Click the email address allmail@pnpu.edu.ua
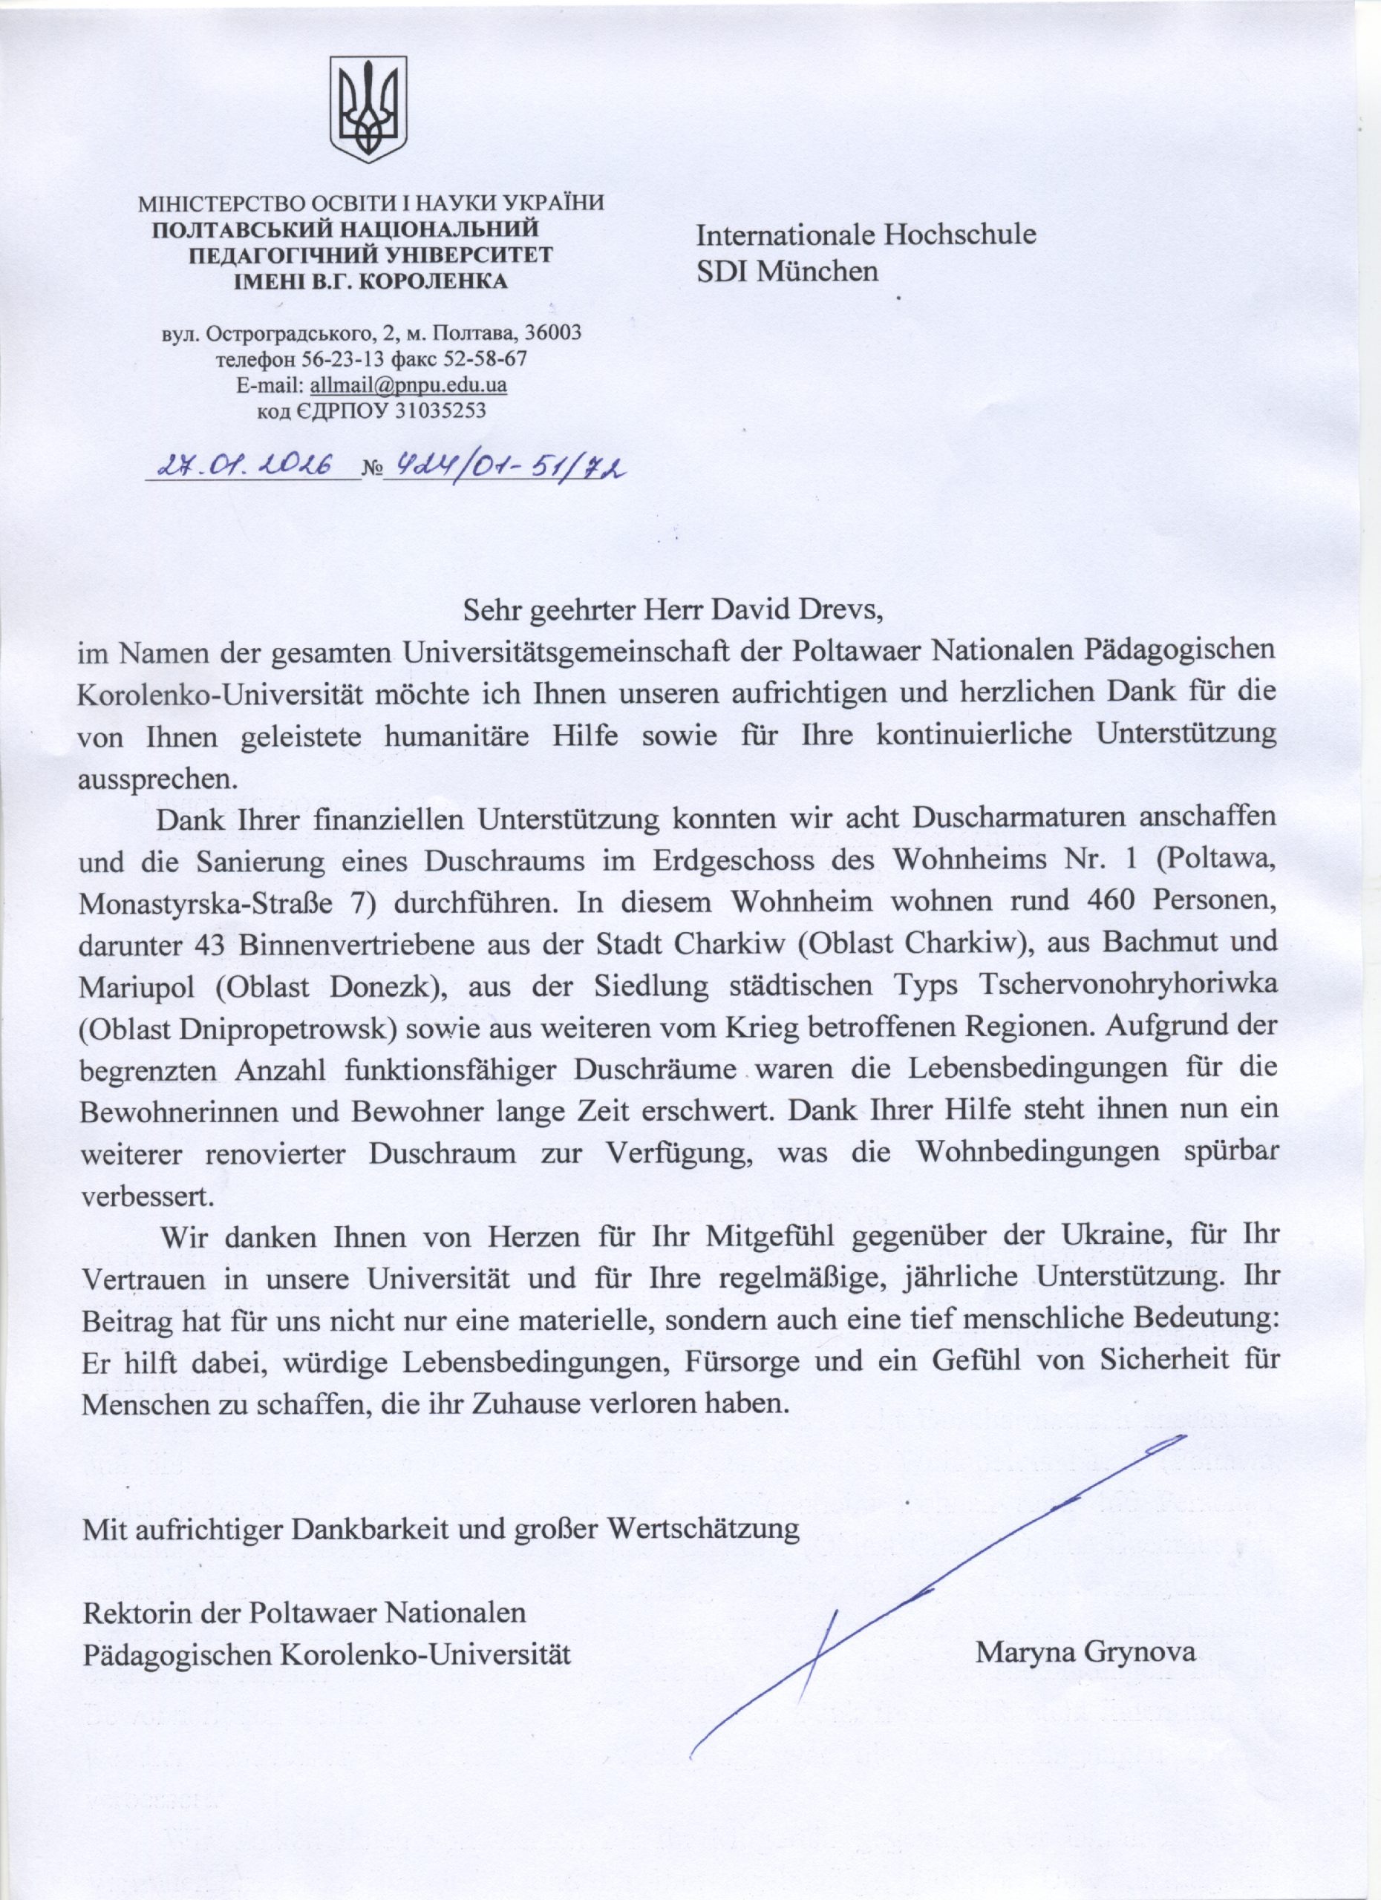point(408,386)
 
